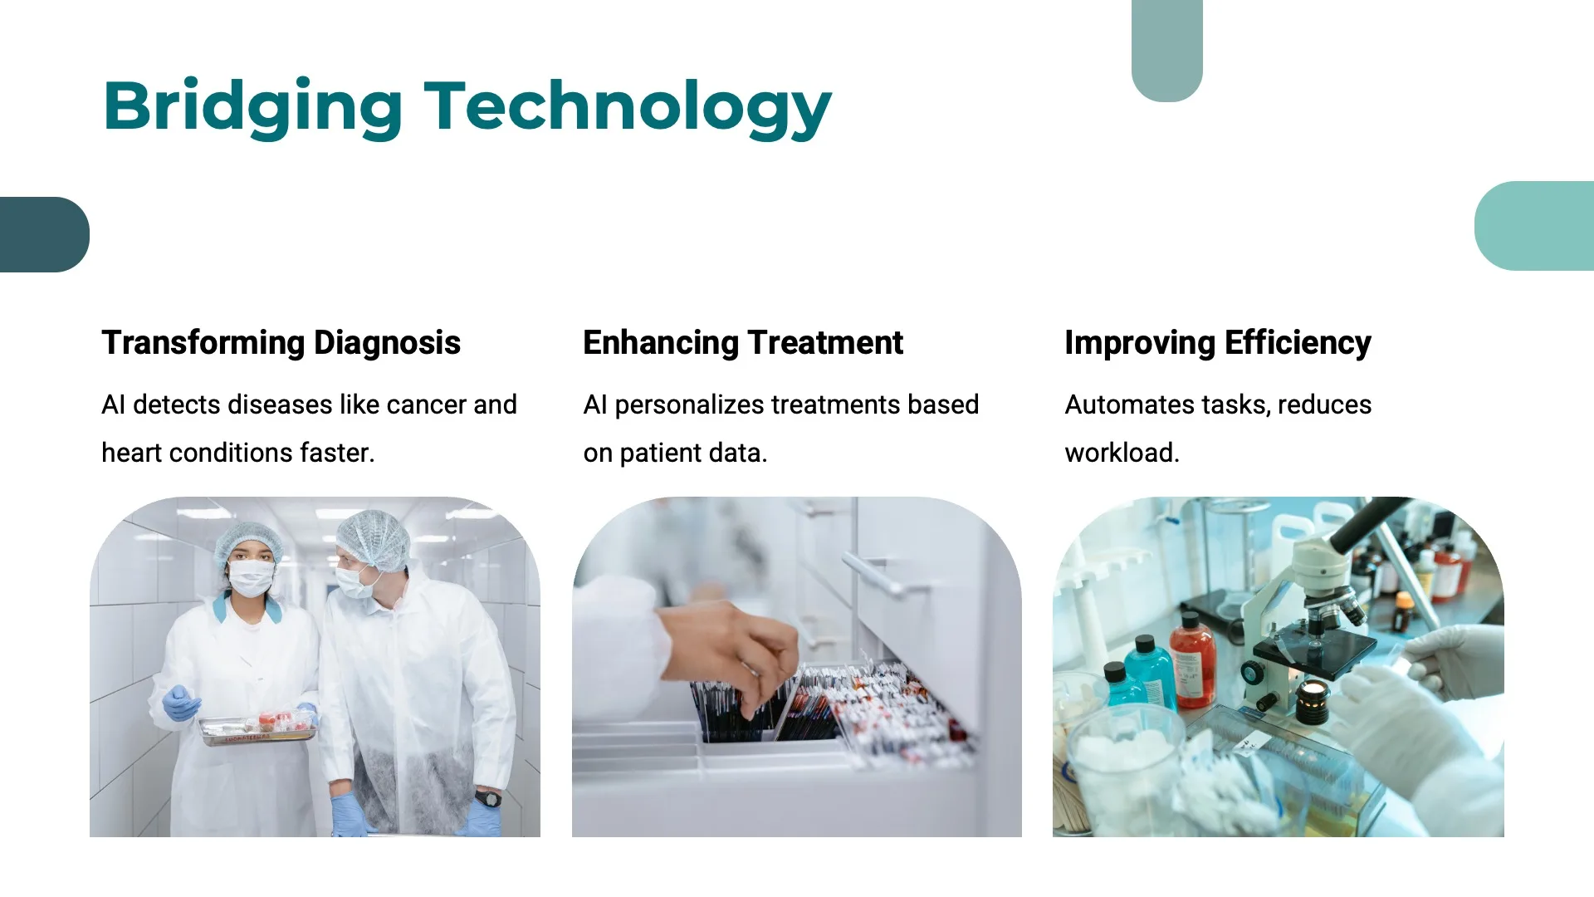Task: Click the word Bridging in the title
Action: click(x=253, y=107)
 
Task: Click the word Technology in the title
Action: click(x=628, y=107)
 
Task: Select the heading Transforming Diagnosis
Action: click(x=281, y=343)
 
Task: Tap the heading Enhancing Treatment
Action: click(x=743, y=342)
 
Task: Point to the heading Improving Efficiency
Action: click(x=1218, y=343)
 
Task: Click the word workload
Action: click(x=1122, y=453)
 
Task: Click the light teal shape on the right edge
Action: click(x=1534, y=226)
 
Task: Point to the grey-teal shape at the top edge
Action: click(x=1167, y=51)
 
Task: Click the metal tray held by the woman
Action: click(x=258, y=730)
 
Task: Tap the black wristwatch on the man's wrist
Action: click(x=488, y=799)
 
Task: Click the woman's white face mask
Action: click(x=252, y=577)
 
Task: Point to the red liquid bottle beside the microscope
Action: click(x=1193, y=662)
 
